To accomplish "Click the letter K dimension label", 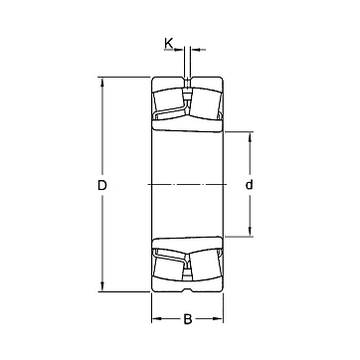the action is coord(168,43).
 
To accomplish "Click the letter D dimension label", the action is coord(101,185).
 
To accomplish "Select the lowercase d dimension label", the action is coord(249,185).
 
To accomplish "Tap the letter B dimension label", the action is coord(188,319).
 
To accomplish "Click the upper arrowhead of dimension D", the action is coord(102,82).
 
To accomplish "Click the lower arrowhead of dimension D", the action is coord(102,287).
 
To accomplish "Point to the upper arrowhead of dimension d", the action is coord(250,136).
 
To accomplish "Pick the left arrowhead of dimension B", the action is coord(156,319).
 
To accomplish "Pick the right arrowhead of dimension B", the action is coord(219,319).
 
